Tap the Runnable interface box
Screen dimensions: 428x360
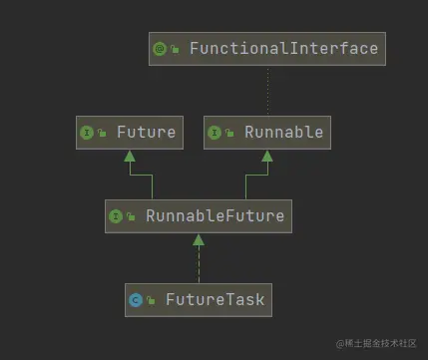264,132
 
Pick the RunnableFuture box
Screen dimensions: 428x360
199,215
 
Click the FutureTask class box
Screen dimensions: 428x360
199,298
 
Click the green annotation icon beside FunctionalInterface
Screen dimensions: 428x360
160,49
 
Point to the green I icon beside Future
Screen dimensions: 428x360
86,133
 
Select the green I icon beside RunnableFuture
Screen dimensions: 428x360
115,215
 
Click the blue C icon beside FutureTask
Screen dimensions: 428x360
136,299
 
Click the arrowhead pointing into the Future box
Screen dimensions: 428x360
129,156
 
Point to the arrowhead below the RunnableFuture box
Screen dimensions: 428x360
199,239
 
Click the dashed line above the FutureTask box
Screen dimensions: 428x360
199,264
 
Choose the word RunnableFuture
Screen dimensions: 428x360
214,215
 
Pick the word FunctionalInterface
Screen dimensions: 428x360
283,48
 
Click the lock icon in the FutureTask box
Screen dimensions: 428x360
151,300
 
